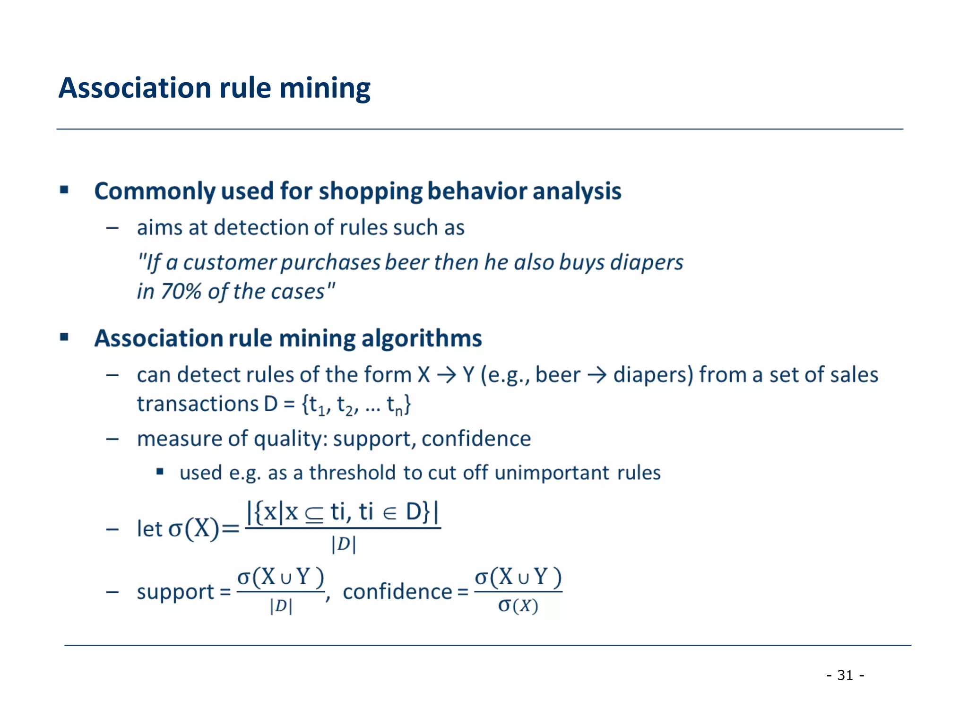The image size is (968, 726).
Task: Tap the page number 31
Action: pos(845,675)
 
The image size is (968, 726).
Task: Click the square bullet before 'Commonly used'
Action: pos(65,190)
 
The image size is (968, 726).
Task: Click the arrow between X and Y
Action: pos(446,375)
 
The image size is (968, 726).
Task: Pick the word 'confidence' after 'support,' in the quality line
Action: pos(476,439)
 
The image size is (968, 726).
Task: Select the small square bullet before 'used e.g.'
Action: pos(160,471)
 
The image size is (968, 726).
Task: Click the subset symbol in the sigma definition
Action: pos(314,514)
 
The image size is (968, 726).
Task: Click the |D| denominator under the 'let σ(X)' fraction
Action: pos(344,544)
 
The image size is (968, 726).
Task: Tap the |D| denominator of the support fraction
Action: pos(281,606)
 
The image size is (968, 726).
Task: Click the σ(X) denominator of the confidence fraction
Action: pos(518,605)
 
